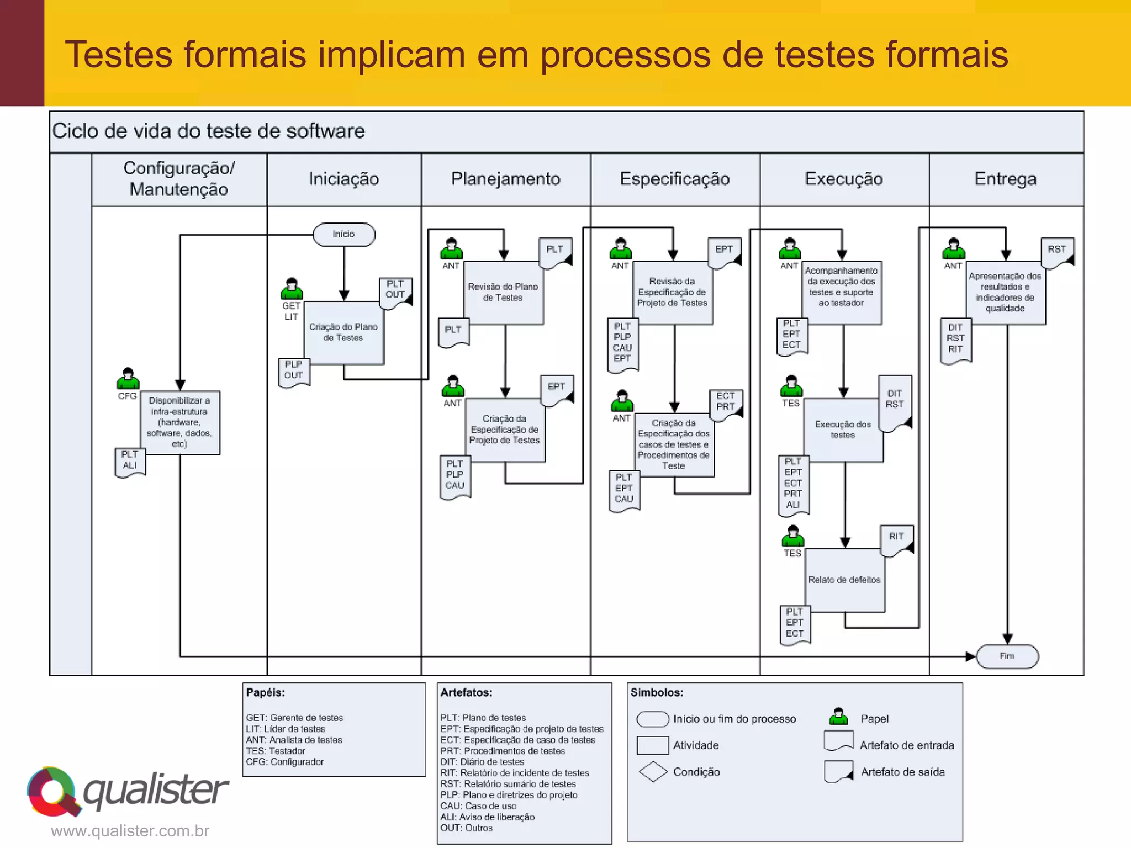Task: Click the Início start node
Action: click(343, 235)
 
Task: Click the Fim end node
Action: click(1007, 656)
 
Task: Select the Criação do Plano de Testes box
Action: click(343, 333)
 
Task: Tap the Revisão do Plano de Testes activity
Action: click(503, 293)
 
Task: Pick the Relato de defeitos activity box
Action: click(844, 580)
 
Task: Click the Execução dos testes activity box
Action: click(843, 430)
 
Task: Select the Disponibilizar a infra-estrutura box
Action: click(179, 422)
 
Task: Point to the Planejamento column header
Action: click(505, 179)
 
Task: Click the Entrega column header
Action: click(1005, 179)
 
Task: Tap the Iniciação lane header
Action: click(343, 179)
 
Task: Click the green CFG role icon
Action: click(128, 379)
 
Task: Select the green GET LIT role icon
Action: click(292, 289)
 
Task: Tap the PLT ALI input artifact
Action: click(130, 462)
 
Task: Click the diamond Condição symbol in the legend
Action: click(653, 772)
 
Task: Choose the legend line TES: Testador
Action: click(276, 751)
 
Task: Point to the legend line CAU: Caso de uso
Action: click(478, 806)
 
